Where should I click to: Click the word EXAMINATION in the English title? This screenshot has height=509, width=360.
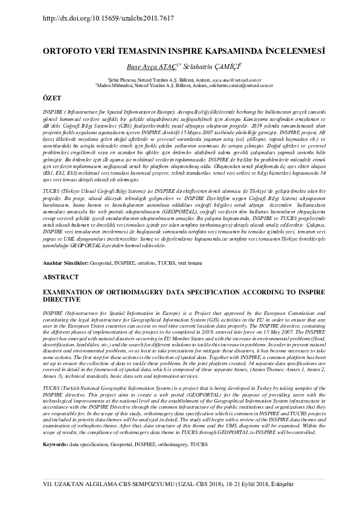(74, 291)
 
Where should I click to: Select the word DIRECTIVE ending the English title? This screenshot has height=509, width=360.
(63, 299)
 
